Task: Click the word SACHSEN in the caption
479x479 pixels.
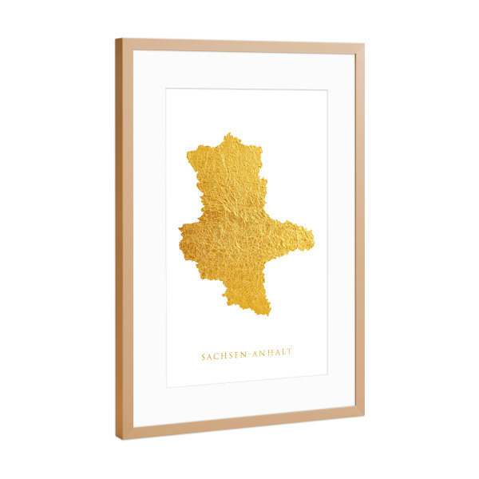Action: [224, 356]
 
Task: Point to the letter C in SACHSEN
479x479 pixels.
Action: [216, 356]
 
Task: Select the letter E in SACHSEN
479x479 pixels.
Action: [236, 356]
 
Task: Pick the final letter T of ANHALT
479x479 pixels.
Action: [291, 354]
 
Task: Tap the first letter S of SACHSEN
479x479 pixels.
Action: [203, 357]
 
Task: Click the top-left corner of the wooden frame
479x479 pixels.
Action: [116, 39]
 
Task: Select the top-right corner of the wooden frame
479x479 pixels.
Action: [364, 44]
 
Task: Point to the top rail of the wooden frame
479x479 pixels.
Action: [239, 45]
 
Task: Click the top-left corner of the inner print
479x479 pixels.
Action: [166, 88]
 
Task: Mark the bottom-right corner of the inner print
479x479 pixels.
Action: [327, 374]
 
